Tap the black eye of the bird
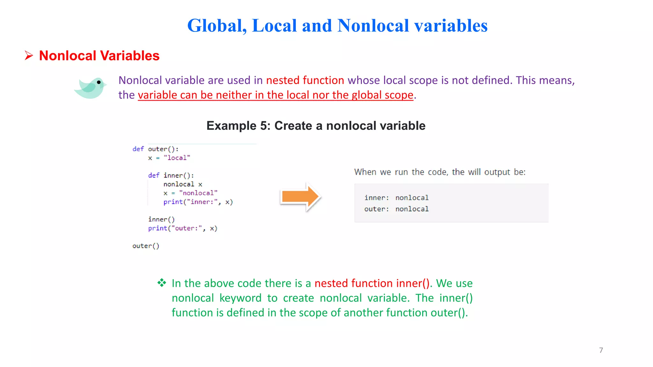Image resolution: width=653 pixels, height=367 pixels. click(x=99, y=82)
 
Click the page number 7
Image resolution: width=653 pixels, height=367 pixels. click(x=601, y=350)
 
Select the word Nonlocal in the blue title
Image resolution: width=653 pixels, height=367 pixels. click(x=373, y=25)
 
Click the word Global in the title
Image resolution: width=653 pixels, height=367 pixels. click(x=217, y=25)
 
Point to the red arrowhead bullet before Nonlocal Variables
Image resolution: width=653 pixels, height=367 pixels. click(x=29, y=56)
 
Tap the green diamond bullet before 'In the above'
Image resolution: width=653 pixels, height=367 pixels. click(x=162, y=283)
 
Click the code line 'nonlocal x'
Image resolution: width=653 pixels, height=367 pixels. click(x=183, y=184)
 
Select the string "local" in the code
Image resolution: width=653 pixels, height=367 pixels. click(x=177, y=158)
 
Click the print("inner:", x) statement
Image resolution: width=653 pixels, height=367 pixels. click(x=198, y=202)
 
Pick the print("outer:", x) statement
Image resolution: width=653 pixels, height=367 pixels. click(x=183, y=228)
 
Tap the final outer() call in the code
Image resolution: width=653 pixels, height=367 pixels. click(x=146, y=246)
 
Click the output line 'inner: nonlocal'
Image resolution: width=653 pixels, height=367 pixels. click(x=396, y=198)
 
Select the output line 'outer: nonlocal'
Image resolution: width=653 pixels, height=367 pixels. click(x=396, y=209)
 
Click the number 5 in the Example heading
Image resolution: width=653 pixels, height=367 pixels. click(x=264, y=126)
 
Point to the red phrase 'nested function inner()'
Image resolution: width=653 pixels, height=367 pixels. click(x=372, y=283)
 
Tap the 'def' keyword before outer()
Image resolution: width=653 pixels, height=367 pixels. click(x=138, y=149)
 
